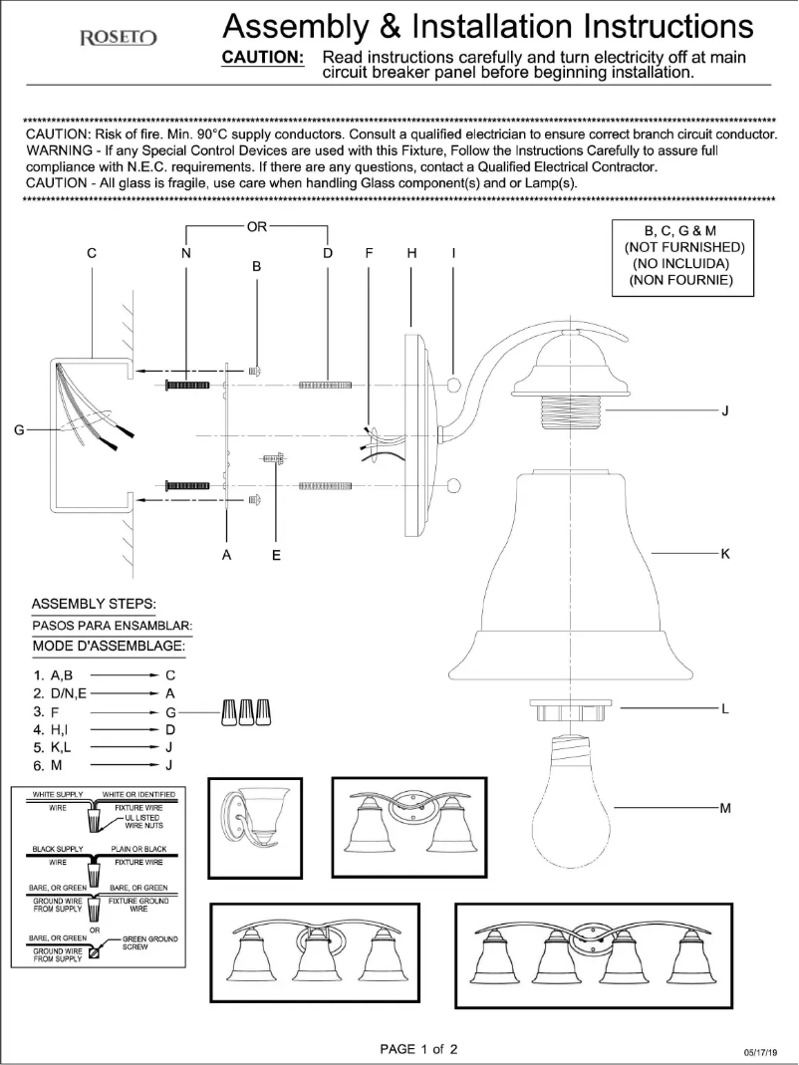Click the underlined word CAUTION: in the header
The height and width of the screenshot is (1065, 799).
pyautogui.click(x=262, y=58)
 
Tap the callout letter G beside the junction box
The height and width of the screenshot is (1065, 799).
pyautogui.click(x=18, y=430)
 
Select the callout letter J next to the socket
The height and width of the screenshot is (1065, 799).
pyautogui.click(x=724, y=409)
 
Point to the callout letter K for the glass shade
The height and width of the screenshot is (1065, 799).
pyautogui.click(x=724, y=553)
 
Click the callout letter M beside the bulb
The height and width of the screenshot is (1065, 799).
pyautogui.click(x=724, y=807)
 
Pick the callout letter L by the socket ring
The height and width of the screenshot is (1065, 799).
pyautogui.click(x=724, y=708)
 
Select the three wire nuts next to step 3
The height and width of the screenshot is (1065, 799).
pyautogui.click(x=247, y=712)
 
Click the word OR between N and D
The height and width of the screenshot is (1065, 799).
pyautogui.click(x=257, y=226)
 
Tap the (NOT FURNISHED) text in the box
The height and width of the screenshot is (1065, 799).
pyautogui.click(x=683, y=247)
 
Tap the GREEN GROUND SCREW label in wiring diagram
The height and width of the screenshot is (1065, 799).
pyautogui.click(x=149, y=943)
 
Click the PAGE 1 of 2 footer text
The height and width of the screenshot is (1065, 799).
pyautogui.click(x=418, y=1048)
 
